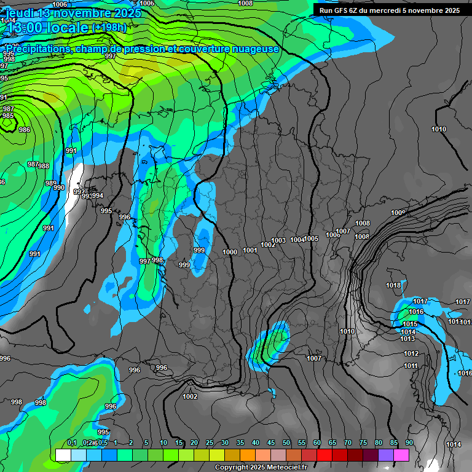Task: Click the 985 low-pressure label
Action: click(x=7, y=116)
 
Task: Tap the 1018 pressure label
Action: click(x=393, y=285)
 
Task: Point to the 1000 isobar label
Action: click(x=230, y=252)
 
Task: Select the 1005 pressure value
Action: click(x=312, y=238)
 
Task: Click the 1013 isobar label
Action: click(x=407, y=339)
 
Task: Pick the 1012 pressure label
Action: click(x=411, y=353)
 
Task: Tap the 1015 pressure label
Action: click(x=410, y=324)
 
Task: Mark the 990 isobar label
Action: click(x=59, y=187)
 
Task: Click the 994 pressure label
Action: click(x=98, y=195)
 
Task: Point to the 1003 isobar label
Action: click(x=278, y=240)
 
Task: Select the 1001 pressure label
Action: click(x=250, y=250)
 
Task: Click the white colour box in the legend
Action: click(x=63, y=455)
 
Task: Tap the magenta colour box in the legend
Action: click(x=401, y=455)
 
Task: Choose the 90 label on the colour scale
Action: click(x=409, y=442)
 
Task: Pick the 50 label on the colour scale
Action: click(x=286, y=442)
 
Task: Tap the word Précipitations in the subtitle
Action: click(x=39, y=49)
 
